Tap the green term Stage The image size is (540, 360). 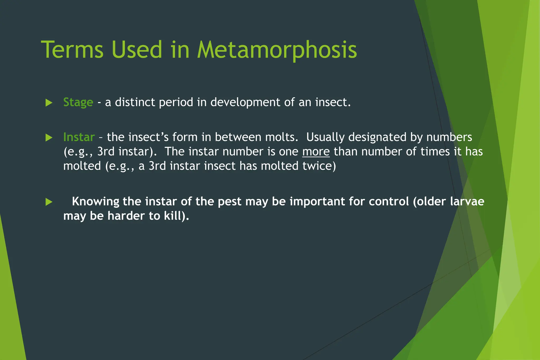(78, 103)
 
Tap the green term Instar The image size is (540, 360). (79, 137)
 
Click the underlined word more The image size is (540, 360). (316, 152)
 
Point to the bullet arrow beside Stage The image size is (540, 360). (49, 103)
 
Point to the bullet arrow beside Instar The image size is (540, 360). (49, 138)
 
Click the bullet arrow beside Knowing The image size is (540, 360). (49, 202)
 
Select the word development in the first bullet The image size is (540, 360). (245, 103)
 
